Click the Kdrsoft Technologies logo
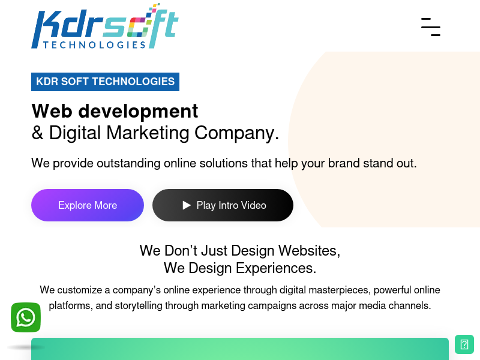coord(104,26)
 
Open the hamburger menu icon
coord(431,27)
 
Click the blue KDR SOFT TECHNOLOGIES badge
coord(106,82)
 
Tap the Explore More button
coord(88,205)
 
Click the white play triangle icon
coord(187,205)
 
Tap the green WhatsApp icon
coord(26,317)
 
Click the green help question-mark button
coord(464,344)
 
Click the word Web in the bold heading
coord(52,111)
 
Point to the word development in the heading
coord(138,112)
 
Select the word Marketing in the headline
coord(148,133)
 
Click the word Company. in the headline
coord(236,133)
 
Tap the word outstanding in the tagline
coord(128,163)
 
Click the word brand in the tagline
coord(344,163)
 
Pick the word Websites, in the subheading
coord(309,251)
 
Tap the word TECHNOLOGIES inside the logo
coord(94,45)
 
